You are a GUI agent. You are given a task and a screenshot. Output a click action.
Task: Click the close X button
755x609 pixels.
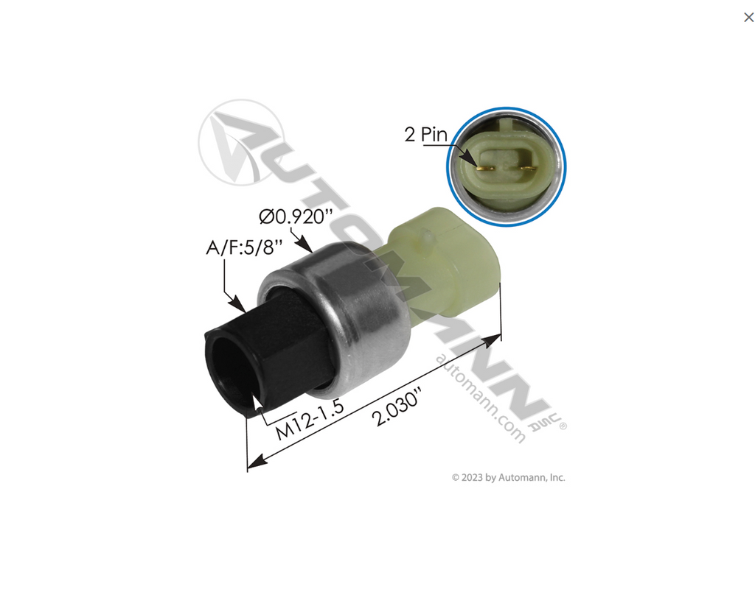[748, 18]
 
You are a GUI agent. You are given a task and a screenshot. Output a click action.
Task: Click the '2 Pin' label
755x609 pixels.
[425, 134]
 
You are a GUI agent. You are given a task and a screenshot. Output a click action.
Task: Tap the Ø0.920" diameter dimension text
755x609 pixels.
[296, 217]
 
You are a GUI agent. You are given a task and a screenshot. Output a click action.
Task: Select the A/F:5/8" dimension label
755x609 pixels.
[244, 247]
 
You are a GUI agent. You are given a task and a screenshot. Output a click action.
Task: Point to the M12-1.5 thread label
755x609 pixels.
[310, 420]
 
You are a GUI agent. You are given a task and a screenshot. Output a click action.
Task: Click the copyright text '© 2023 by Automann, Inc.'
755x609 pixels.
[509, 477]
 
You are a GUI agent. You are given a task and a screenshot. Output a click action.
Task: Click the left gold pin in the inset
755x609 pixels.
[485, 168]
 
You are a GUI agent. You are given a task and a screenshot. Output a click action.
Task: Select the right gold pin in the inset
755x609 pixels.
[528, 168]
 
